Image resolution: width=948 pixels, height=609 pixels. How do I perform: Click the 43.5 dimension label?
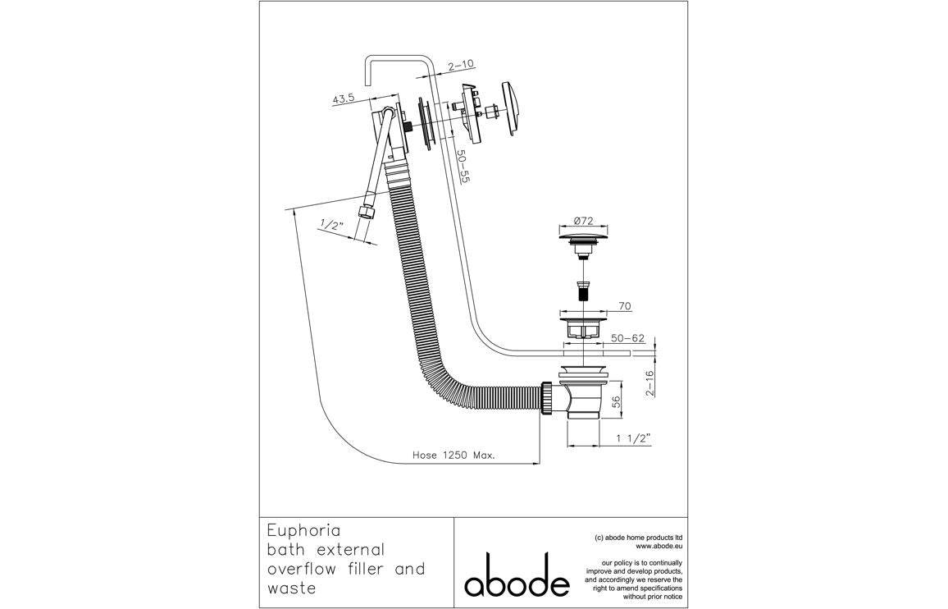343,98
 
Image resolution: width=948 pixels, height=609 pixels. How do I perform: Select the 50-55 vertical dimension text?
463,168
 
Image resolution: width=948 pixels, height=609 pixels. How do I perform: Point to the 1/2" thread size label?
331,224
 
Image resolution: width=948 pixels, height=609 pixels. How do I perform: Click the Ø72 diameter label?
584,221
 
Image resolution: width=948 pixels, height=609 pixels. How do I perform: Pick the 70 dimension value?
624,305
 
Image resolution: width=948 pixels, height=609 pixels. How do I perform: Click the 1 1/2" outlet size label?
632,439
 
